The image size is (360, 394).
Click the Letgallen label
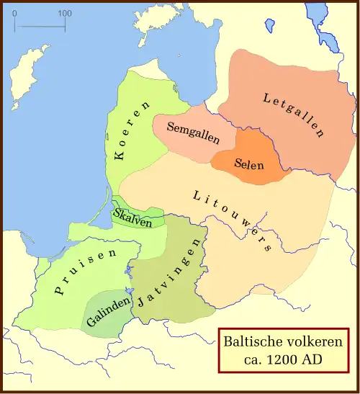click(x=294, y=115)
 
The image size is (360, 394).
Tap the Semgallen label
click(x=193, y=133)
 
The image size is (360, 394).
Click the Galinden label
click(x=108, y=310)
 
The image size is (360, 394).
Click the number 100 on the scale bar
click(x=65, y=13)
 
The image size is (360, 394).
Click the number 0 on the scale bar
click(x=14, y=13)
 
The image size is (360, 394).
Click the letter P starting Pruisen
click(x=57, y=292)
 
